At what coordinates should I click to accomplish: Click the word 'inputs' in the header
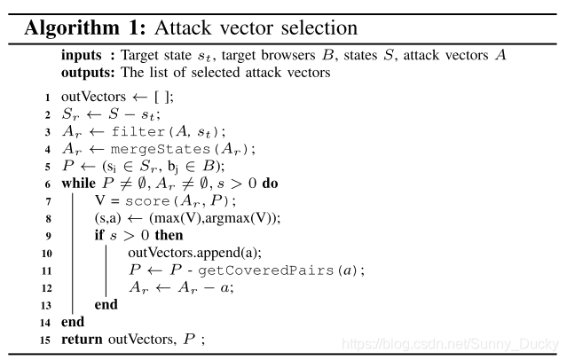coord(79,55)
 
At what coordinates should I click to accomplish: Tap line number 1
coord(47,98)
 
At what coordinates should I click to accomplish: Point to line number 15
coord(44,339)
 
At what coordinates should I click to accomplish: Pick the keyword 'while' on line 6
coord(78,184)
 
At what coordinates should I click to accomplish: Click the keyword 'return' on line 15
coord(83,339)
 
